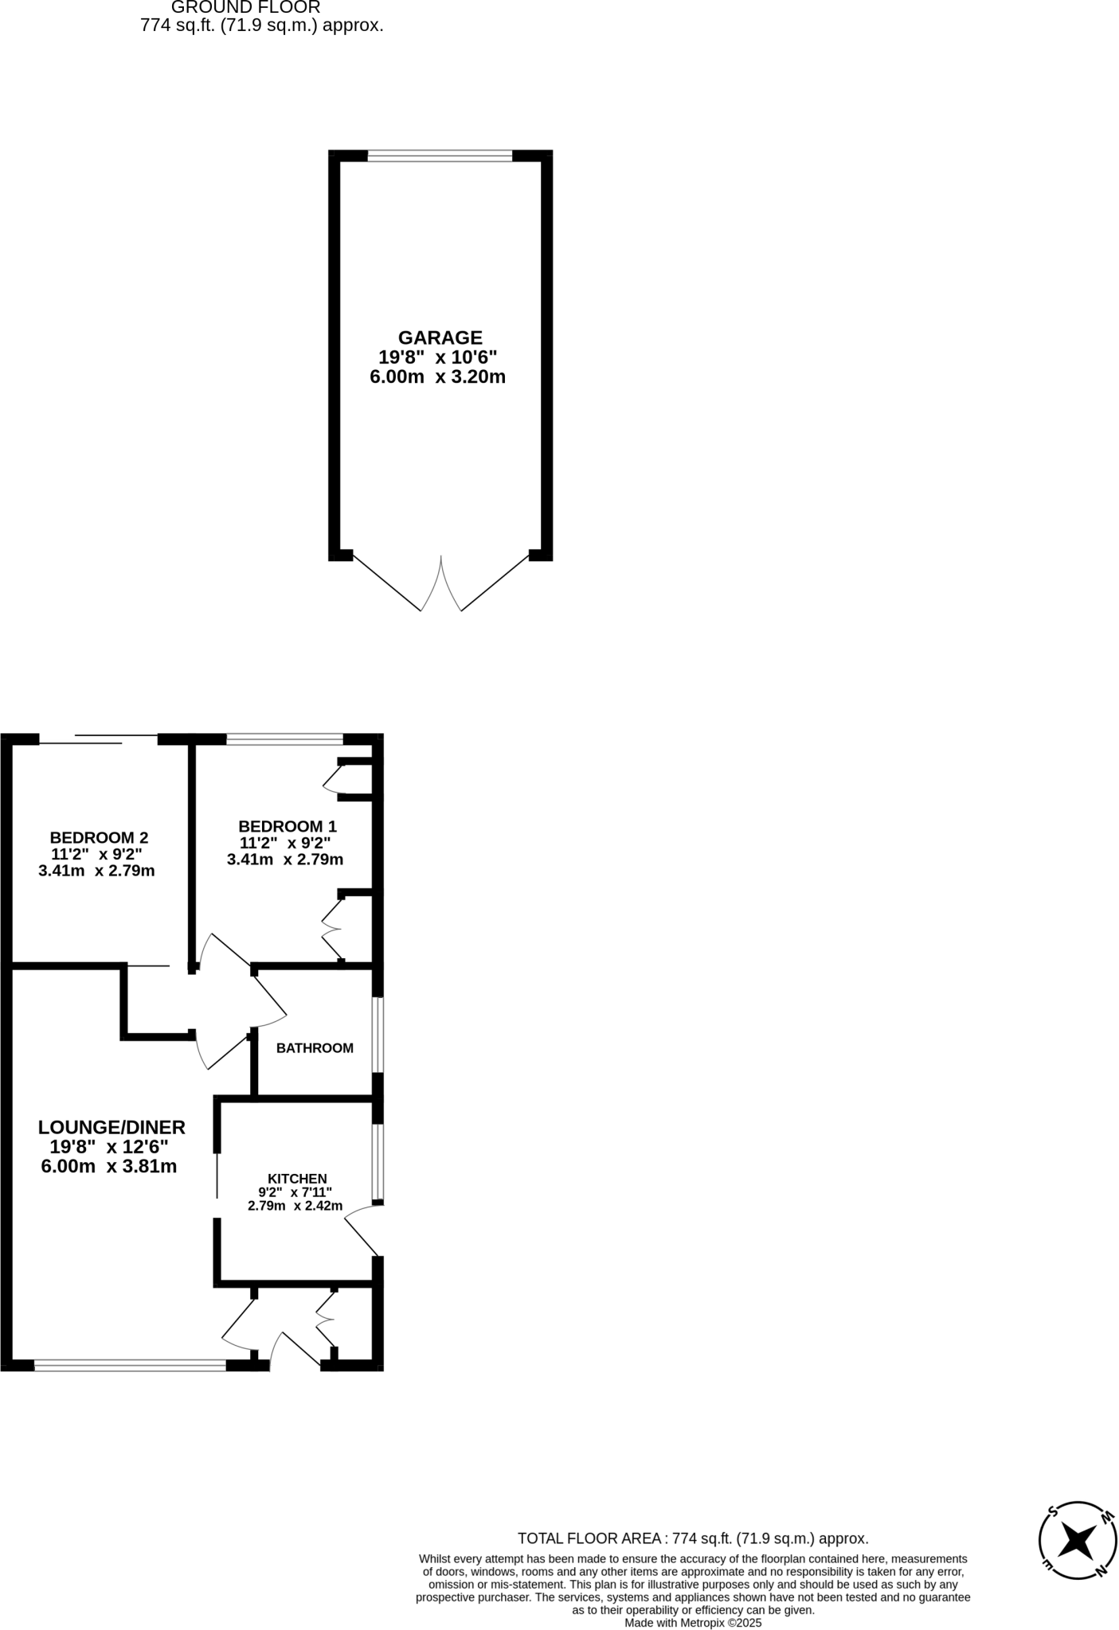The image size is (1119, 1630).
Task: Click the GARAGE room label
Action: (x=440, y=337)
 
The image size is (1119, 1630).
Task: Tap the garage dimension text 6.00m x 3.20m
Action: (x=437, y=376)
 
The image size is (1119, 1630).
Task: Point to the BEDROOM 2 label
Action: (x=99, y=837)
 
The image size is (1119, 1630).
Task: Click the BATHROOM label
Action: (x=315, y=1048)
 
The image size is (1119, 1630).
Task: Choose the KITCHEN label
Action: (x=297, y=1179)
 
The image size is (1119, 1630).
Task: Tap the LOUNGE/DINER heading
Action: (x=112, y=1127)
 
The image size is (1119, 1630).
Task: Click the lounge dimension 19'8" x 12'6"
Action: (x=109, y=1147)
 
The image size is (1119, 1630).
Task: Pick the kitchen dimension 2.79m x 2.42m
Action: (x=295, y=1206)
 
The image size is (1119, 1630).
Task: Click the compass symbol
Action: (x=1078, y=1542)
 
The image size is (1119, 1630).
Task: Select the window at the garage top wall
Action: (x=440, y=156)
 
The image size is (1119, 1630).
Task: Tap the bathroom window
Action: (x=378, y=1035)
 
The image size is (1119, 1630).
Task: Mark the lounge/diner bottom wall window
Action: (x=130, y=1366)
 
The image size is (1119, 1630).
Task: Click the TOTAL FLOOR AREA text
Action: (x=693, y=1538)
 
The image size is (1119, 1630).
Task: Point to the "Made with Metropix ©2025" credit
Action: (x=693, y=1623)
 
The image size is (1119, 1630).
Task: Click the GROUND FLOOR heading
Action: (x=245, y=7)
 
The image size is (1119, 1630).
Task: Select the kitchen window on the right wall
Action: (x=378, y=1162)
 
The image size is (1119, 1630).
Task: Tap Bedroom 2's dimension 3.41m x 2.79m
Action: (x=96, y=871)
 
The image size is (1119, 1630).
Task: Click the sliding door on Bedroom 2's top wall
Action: (x=98, y=739)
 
